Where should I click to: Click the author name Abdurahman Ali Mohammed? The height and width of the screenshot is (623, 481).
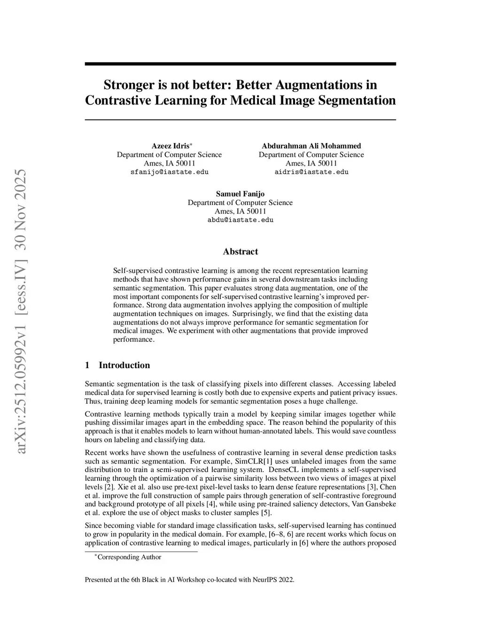pyautogui.click(x=311, y=146)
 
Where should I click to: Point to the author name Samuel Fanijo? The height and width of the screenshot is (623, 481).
pyautogui.click(x=240, y=194)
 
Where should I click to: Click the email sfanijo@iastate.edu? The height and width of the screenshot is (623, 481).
pyautogui.click(x=169, y=172)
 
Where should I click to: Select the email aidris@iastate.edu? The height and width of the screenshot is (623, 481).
pyautogui.click(x=311, y=172)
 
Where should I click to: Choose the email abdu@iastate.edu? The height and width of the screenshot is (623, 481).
pyautogui.click(x=240, y=220)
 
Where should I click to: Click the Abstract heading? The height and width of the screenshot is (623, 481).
pyautogui.click(x=240, y=252)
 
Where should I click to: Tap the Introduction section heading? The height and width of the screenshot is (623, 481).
pyautogui.click(x=124, y=365)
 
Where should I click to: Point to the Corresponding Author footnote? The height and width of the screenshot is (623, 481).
pyautogui.click(x=129, y=557)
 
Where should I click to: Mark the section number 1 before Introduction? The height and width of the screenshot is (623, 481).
pyautogui.click(x=87, y=365)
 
